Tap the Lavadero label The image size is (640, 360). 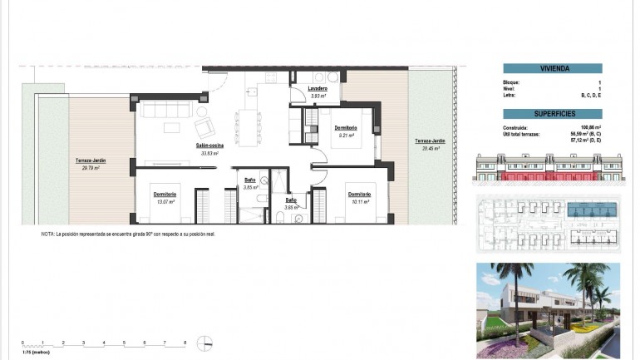point(317,89)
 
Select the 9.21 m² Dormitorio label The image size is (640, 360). point(346,128)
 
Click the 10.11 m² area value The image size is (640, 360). point(359,201)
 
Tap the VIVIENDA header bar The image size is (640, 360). point(552,69)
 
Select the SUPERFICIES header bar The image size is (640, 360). point(552,113)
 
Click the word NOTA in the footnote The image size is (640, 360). point(47,235)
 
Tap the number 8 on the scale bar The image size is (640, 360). point(185,343)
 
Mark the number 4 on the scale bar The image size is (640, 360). point(104,343)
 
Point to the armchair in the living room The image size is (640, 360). point(204,128)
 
